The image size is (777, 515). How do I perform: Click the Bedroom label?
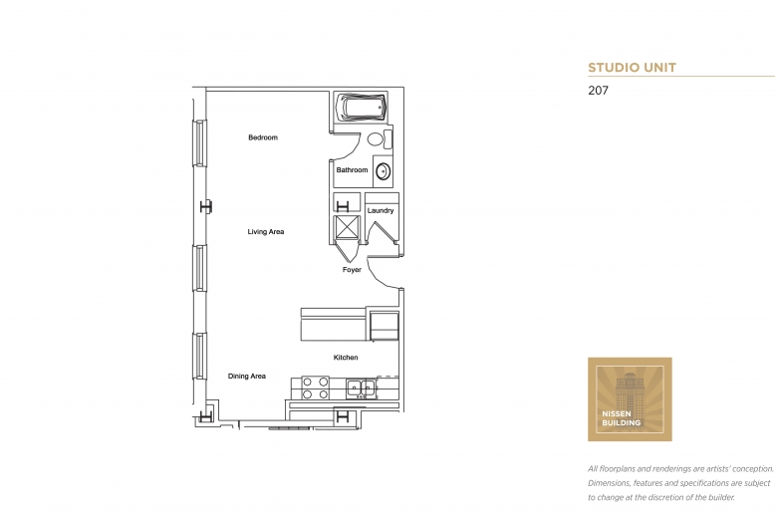click(263, 137)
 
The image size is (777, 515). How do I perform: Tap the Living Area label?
click(266, 232)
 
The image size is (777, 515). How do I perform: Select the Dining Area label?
click(247, 377)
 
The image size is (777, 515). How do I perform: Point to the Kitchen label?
click(346, 358)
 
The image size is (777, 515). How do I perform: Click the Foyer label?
click(352, 270)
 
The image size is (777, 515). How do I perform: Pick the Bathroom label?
click(352, 170)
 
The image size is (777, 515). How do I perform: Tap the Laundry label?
click(381, 211)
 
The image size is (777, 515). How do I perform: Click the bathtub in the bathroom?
click(362, 108)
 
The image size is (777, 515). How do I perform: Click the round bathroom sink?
click(383, 170)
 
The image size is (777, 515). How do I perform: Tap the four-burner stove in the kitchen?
click(316, 387)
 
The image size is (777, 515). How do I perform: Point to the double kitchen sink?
click(360, 387)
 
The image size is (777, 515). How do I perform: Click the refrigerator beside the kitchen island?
click(384, 325)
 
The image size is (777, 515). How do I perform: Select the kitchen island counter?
click(334, 326)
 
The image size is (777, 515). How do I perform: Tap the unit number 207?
click(598, 90)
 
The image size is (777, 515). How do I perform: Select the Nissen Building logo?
click(630, 398)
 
